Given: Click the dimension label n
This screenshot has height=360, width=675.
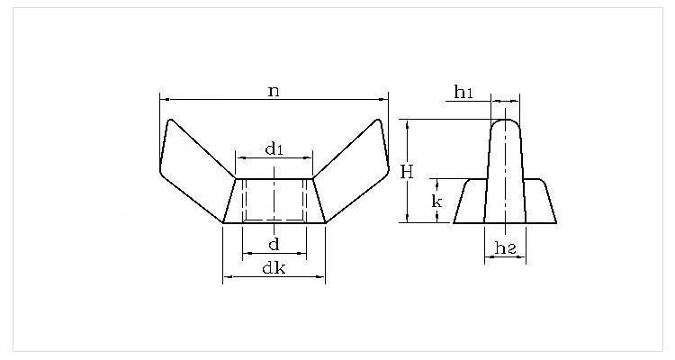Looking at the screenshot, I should click(x=274, y=90).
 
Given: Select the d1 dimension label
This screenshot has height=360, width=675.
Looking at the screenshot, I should click(x=274, y=148).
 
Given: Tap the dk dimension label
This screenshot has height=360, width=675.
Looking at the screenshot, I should click(x=274, y=267).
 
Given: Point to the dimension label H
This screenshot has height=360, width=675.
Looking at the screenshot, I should click(x=407, y=171).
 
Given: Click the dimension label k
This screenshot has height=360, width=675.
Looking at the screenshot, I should click(x=436, y=201).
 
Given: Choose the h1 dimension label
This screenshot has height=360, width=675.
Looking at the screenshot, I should click(x=463, y=92).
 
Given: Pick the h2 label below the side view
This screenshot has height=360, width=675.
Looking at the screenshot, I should click(x=505, y=247).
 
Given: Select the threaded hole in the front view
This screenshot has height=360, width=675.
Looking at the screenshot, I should click(x=274, y=200).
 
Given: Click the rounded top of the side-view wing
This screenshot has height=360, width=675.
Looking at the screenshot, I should click(x=505, y=124).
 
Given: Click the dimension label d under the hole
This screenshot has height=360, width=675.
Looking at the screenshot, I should click(x=274, y=244).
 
